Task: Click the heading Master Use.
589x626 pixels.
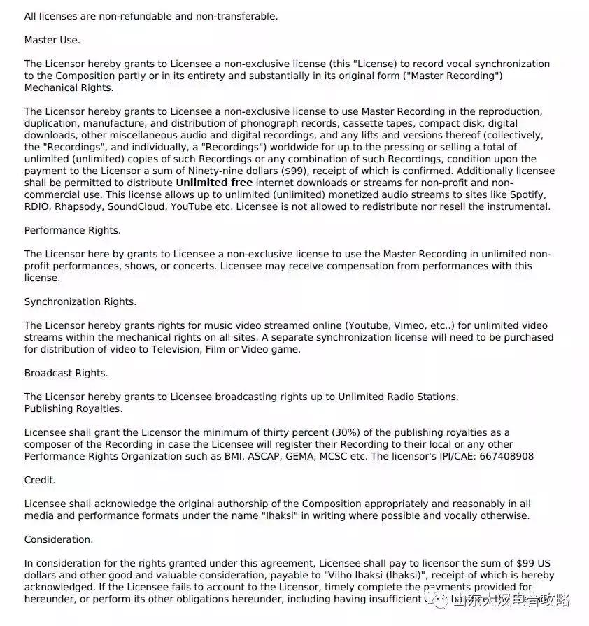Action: click(52, 40)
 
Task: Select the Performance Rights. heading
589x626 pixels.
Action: click(72, 230)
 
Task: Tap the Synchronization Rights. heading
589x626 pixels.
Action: click(80, 301)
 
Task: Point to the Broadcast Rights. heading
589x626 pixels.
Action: click(66, 373)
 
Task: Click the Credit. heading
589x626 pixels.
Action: click(40, 481)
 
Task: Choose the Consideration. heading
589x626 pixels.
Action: click(58, 539)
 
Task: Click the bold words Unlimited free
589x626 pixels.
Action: click(214, 183)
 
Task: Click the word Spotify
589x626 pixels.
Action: click(527, 194)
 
